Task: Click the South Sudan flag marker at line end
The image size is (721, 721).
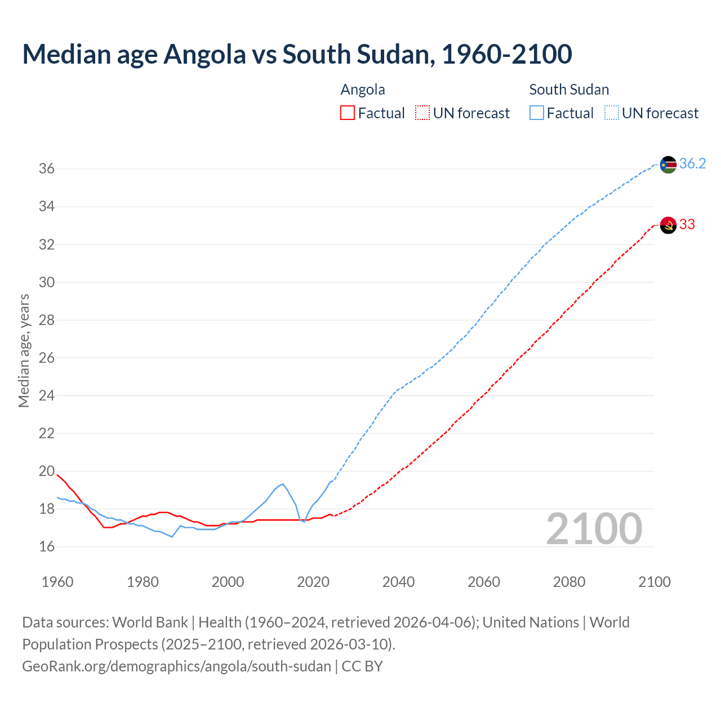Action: [x=668, y=164]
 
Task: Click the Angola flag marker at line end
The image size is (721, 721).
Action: [x=668, y=225]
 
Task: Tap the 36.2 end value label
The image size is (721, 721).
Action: [x=692, y=164]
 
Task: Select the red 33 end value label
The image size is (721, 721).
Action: [x=687, y=224]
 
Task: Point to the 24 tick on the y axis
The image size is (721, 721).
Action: [x=46, y=395]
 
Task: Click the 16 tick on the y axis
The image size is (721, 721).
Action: [x=46, y=546]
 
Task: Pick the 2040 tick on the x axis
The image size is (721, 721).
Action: [x=398, y=582]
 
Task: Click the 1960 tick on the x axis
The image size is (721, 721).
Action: [x=57, y=582]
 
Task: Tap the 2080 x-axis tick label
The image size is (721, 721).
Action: [x=569, y=582]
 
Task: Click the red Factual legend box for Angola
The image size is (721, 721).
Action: [x=348, y=113]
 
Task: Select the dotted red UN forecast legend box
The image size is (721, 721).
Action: [x=422, y=113]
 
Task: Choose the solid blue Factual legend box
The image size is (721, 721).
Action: [x=537, y=113]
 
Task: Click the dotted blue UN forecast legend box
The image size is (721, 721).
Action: [x=612, y=113]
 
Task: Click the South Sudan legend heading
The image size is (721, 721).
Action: [x=569, y=90]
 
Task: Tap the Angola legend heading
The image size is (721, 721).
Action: [x=363, y=90]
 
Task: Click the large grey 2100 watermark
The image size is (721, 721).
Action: [x=594, y=528]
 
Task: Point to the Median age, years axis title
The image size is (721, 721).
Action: [x=24, y=350]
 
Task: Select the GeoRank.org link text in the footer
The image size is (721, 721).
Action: [x=176, y=666]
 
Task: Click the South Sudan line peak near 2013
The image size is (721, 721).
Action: [x=282, y=484]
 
